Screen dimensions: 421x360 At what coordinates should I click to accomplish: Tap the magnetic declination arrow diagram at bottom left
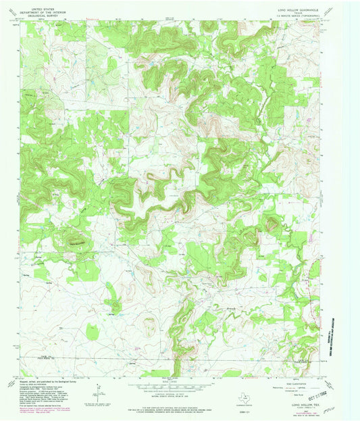(99, 390)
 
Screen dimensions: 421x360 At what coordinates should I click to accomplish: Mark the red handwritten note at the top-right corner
(330, 9)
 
